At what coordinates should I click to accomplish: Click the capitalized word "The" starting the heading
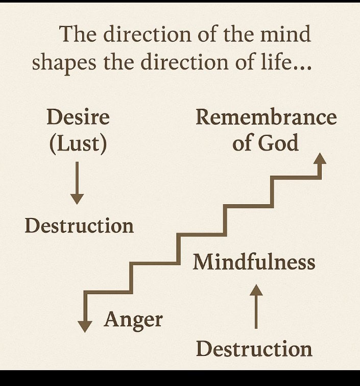(x=78, y=35)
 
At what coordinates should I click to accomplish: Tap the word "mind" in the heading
(x=284, y=35)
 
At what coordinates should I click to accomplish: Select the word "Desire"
(x=78, y=117)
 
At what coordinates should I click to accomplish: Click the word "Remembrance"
(x=266, y=117)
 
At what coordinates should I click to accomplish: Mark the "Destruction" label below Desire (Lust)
(x=79, y=226)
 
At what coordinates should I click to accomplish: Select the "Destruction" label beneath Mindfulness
(x=254, y=349)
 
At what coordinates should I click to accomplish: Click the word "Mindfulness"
(x=254, y=262)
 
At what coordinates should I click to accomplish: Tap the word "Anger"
(x=133, y=320)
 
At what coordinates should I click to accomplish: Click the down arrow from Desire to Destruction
(x=77, y=182)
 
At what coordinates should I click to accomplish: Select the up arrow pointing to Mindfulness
(x=256, y=306)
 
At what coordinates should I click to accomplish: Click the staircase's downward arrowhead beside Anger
(x=85, y=326)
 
